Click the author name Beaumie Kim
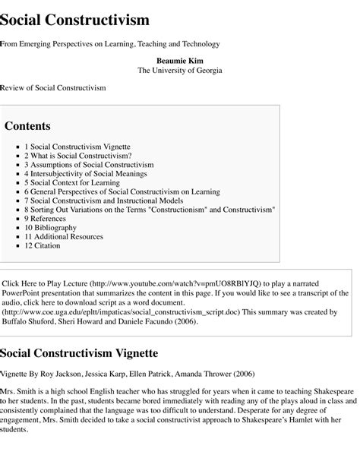coord(179,60)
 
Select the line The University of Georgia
coord(179,71)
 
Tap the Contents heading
coord(28,126)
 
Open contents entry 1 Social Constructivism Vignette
coord(77,146)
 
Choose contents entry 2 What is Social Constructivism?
coord(77,155)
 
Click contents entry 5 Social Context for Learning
coord(71,182)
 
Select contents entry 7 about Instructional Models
coord(108,201)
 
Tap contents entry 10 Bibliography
coord(50,228)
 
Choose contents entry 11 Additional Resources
coord(63,237)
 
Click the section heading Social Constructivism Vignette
coord(79,353)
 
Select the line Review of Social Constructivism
coord(53,88)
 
